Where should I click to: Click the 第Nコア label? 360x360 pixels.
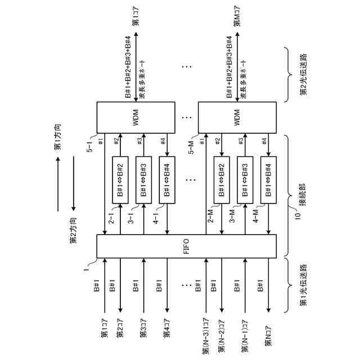pos(261,338)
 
